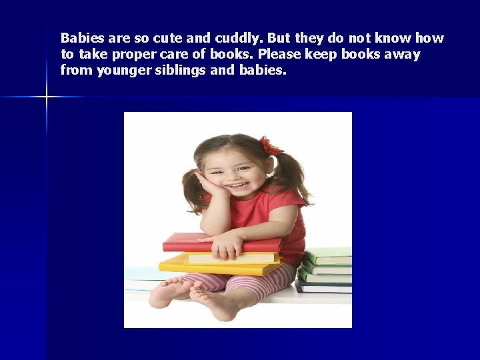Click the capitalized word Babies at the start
pyautogui.click(x=80, y=38)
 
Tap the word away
pyautogui.click(x=403, y=54)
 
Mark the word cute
pyautogui.click(x=152, y=38)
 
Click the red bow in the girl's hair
pyautogui.click(x=270, y=146)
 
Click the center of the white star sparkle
pyautogui.click(x=47, y=97)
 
